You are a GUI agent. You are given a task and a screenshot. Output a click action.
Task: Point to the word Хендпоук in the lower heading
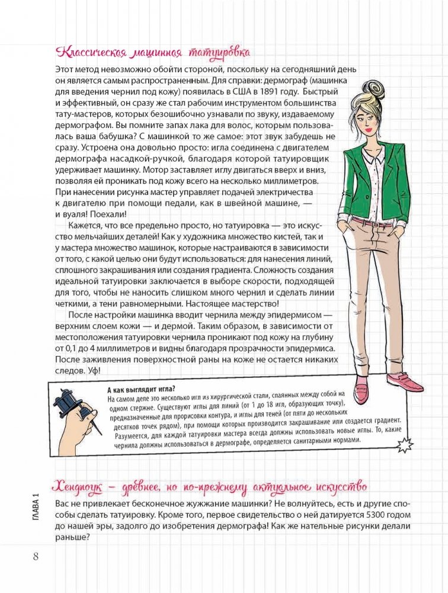[x=78, y=486]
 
